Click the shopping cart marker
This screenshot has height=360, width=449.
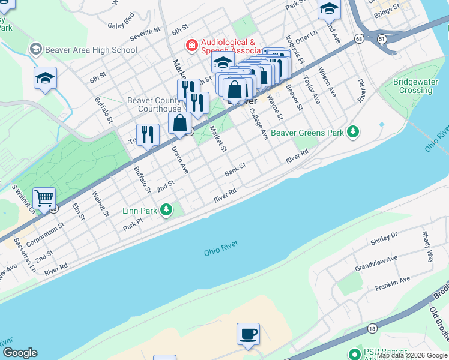click(44, 198)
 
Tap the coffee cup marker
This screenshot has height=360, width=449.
click(247, 334)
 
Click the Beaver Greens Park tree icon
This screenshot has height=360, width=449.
click(354, 131)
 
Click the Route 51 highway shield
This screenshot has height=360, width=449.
click(382, 38)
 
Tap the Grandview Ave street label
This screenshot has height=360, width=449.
click(376, 262)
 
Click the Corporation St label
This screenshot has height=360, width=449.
click(46, 233)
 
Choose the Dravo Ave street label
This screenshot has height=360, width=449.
click(180, 160)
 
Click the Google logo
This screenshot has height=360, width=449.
click(20, 353)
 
